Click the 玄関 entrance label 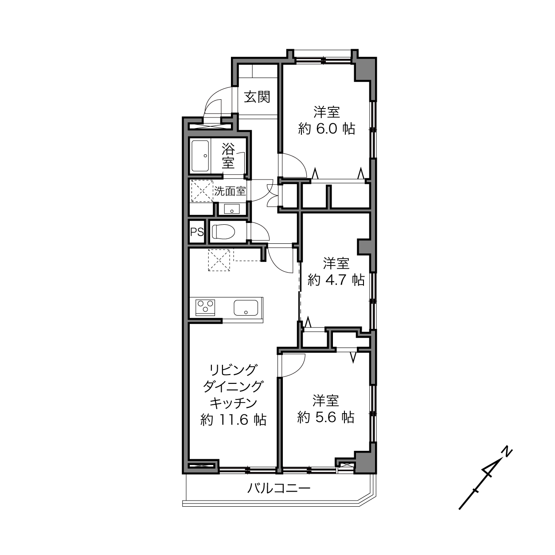pos(257,97)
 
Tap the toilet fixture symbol pos(223,231)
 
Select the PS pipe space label pos(197,232)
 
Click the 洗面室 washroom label pos(229,191)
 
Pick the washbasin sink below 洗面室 pos(231,209)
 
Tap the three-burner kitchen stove pos(205,307)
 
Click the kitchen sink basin pos(246,308)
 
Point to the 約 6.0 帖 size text pos(326,129)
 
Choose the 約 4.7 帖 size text pos(336,280)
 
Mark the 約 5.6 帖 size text pos(325,417)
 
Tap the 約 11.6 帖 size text pos(233,420)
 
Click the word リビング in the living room pos(233,370)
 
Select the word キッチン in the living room pos(233,403)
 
